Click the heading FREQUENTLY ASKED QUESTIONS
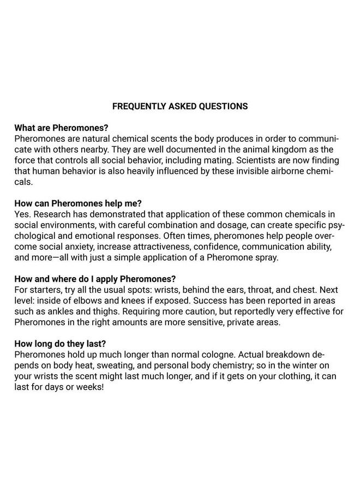click(180, 106)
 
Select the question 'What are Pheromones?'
click(61, 129)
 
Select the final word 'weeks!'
click(89, 387)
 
